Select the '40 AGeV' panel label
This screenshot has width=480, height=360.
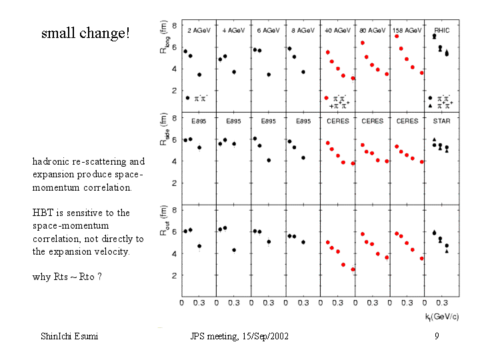[x=337, y=30]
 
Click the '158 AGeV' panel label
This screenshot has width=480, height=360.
[x=407, y=30]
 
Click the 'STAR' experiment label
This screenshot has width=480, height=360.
[x=441, y=121]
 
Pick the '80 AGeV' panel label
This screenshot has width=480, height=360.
[x=372, y=30]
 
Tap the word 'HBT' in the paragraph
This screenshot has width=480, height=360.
[x=42, y=213]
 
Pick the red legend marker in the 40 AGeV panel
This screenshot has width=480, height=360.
[x=327, y=97]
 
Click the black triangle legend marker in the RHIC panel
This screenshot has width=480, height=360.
[x=430, y=105]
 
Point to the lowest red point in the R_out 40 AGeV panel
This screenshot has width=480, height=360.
[x=353, y=269]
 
